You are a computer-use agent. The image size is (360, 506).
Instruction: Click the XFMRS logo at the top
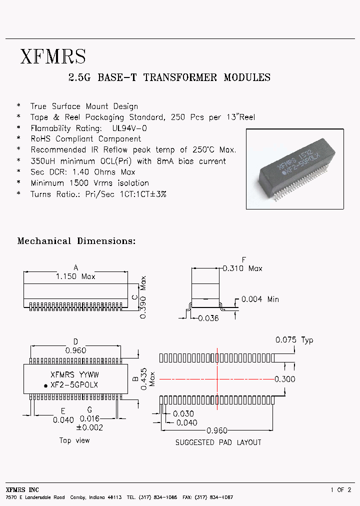(53, 56)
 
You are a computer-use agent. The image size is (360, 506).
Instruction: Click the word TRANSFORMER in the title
(180, 77)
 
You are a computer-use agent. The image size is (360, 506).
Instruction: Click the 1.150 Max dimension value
(75, 276)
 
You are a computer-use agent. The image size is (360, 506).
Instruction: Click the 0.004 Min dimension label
(260, 299)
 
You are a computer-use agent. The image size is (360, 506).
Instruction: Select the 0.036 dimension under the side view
(208, 318)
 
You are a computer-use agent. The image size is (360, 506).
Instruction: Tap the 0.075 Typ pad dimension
(294, 340)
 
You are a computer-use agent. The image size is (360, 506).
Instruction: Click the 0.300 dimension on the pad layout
(285, 379)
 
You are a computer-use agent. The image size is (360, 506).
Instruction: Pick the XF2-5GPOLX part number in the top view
(74, 385)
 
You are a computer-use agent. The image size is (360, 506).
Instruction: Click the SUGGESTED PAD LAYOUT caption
(218, 442)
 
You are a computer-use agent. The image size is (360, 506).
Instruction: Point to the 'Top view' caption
(74, 440)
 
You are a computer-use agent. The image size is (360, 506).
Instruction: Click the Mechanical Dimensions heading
(76, 241)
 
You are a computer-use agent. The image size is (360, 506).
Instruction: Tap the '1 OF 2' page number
(340, 490)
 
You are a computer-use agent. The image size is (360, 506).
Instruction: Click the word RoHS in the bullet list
(41, 139)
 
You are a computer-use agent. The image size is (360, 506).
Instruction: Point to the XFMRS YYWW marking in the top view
(74, 374)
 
